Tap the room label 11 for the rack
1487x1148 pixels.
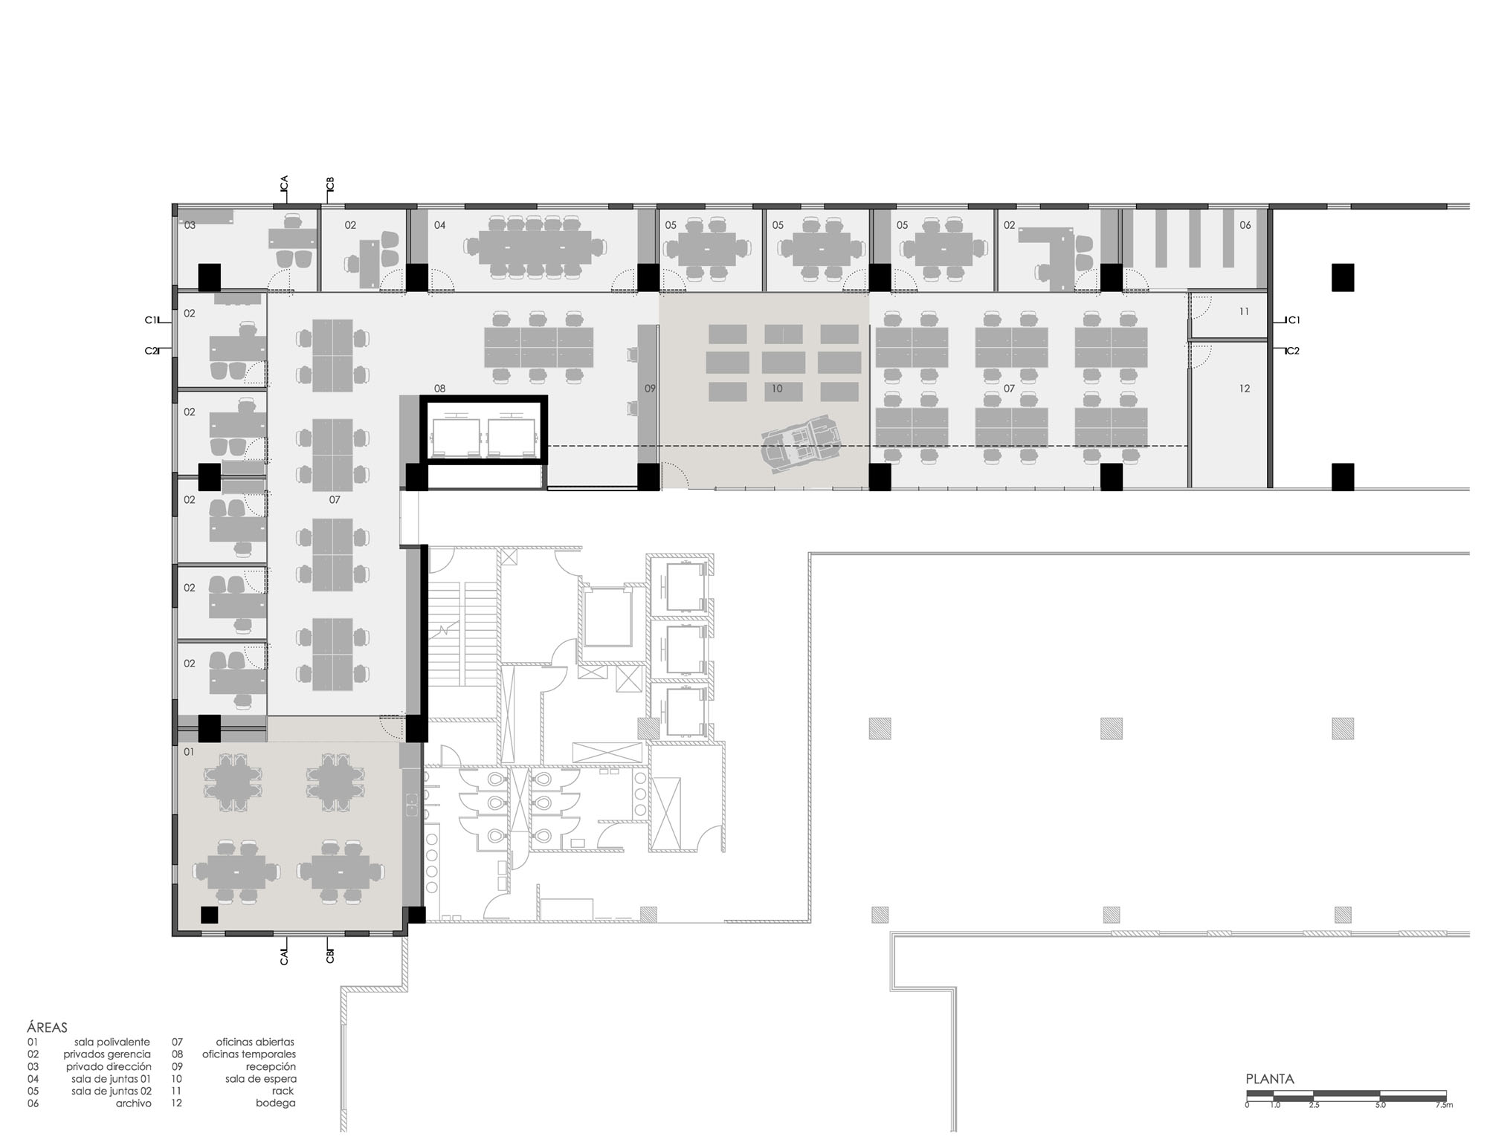(x=1244, y=312)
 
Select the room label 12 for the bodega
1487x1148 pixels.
(x=1245, y=389)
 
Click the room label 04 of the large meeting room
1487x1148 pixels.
(x=439, y=225)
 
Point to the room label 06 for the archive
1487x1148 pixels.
(x=1245, y=225)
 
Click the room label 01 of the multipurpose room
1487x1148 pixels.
(x=189, y=752)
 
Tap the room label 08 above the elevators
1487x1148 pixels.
(x=439, y=389)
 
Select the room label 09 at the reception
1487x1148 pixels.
(x=650, y=389)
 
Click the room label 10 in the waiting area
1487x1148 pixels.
(x=777, y=389)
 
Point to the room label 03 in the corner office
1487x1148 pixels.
(x=190, y=225)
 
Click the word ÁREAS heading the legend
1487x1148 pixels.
(x=47, y=1028)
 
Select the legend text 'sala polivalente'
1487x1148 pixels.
(x=112, y=1042)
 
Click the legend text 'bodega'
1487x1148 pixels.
(x=276, y=1103)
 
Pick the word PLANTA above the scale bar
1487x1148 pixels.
(x=1270, y=1080)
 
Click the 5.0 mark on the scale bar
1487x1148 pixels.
(x=1381, y=1105)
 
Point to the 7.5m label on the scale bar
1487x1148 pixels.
(x=1444, y=1105)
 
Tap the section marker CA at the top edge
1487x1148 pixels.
(x=284, y=184)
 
